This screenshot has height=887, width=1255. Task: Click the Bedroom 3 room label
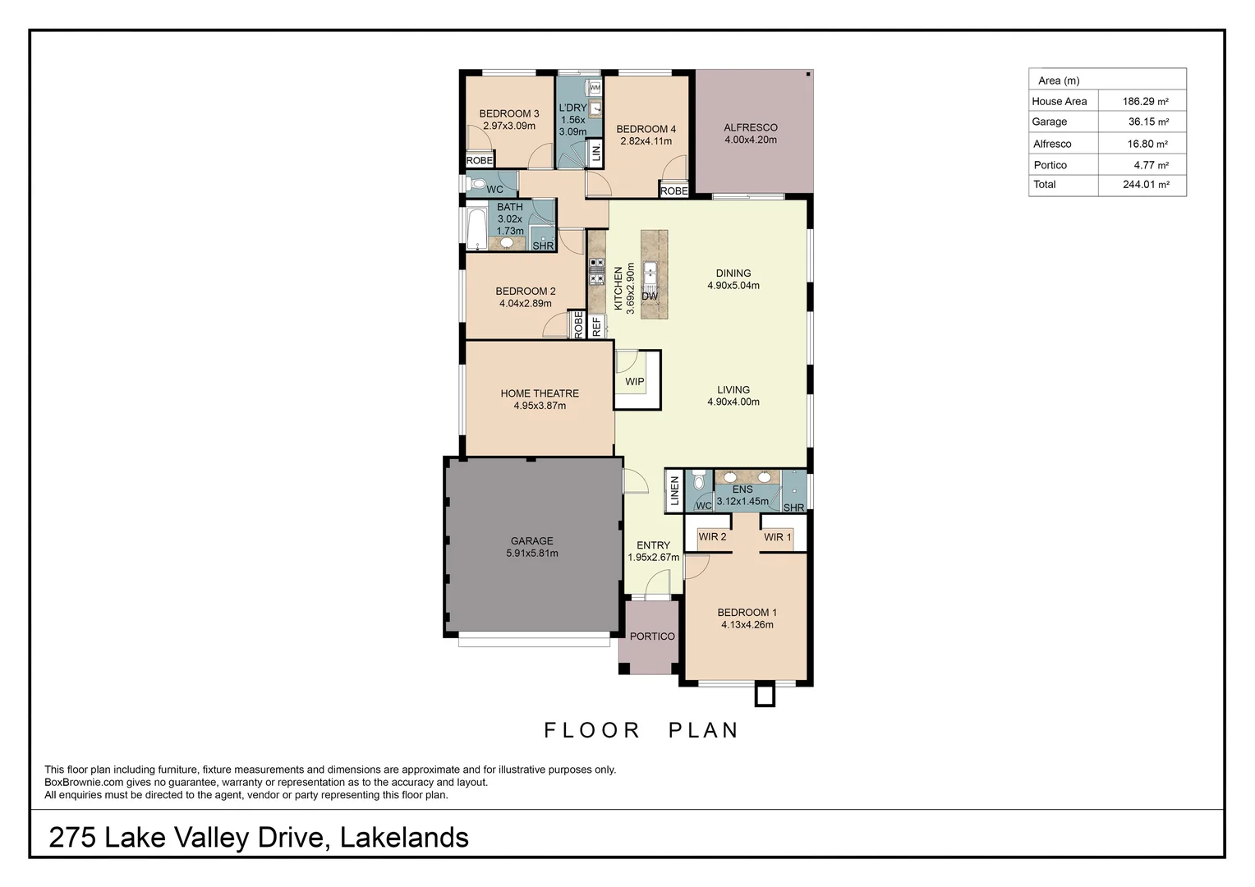[x=508, y=114]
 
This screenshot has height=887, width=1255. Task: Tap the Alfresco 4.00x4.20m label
[x=750, y=134]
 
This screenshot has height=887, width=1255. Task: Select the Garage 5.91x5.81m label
[x=531, y=547]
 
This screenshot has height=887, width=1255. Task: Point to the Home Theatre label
[x=540, y=393]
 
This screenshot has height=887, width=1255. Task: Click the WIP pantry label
[x=634, y=382]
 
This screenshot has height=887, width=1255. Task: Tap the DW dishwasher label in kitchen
[x=650, y=296]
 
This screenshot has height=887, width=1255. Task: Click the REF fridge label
[x=597, y=326]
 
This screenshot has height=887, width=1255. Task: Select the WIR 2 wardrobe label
[x=712, y=537]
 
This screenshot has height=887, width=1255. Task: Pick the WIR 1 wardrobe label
[x=777, y=537]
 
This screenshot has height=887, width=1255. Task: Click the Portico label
[x=652, y=637]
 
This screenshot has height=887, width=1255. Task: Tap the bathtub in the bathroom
[x=476, y=228]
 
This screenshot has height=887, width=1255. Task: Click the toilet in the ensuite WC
[x=699, y=480]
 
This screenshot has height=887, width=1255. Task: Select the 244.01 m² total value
[x=1145, y=185]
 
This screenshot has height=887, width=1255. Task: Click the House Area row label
[x=1059, y=102]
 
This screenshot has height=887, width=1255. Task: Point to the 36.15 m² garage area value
[x=1147, y=122]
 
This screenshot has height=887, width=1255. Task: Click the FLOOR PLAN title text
[x=641, y=730]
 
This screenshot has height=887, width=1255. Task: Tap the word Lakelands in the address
[x=404, y=838]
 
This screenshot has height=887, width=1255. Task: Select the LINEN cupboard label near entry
[x=674, y=491]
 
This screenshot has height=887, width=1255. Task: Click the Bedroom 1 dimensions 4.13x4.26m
[x=747, y=625]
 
